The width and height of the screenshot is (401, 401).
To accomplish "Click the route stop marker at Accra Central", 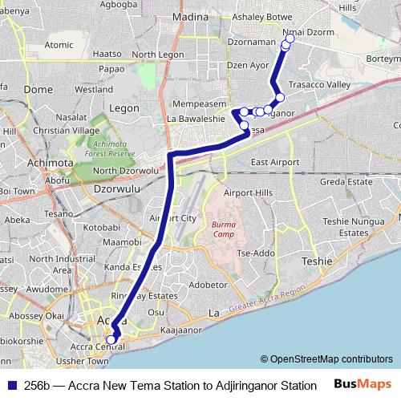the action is coord(111,339).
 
